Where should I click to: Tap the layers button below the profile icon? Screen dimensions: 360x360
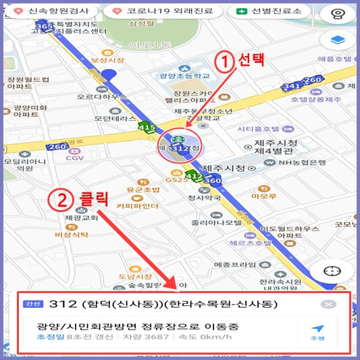point(333,41)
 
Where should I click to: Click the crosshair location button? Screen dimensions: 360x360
point(332,270)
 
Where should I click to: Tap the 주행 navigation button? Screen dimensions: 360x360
point(317,333)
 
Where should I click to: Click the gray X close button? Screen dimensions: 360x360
point(328,305)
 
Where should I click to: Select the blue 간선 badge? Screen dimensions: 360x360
point(32,305)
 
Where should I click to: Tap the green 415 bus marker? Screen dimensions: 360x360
point(147,126)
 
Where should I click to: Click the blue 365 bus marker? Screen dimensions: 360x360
point(44,26)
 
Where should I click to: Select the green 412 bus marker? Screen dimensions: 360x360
point(194,177)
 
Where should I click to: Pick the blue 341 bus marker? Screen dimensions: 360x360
point(292,86)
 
